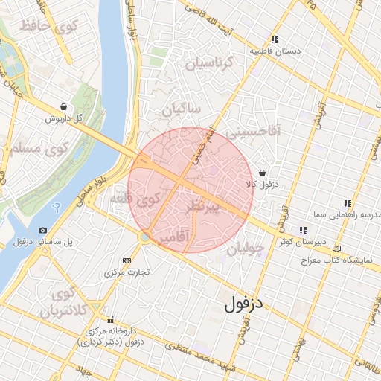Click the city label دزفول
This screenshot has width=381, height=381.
point(245,303)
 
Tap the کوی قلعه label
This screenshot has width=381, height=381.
point(135,199)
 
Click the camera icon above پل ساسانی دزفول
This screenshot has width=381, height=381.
point(42,231)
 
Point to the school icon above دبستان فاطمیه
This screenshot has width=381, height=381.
point(275,39)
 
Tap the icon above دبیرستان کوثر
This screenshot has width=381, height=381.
point(302,230)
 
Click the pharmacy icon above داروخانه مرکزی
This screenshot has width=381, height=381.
point(110,318)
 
